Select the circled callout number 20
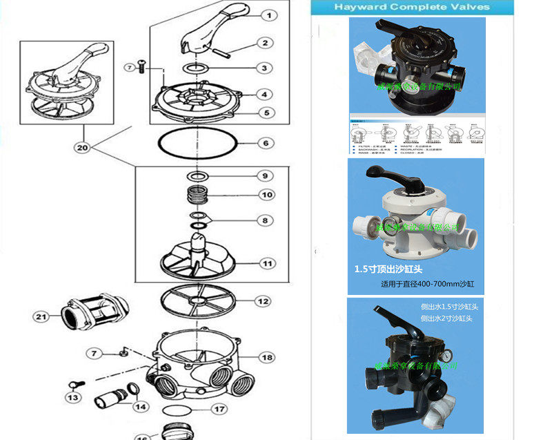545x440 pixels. (83, 147)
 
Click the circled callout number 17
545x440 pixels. (219, 409)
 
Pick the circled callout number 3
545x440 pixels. (264, 68)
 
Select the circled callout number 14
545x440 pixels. (140, 408)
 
